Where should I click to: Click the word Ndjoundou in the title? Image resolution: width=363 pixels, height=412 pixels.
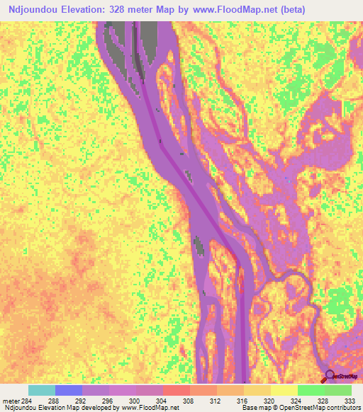[31, 9]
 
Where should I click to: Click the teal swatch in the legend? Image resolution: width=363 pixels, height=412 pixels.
[41, 390]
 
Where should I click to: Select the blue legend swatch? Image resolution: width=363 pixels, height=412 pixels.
[68, 390]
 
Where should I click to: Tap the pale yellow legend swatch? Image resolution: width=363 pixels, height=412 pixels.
[284, 390]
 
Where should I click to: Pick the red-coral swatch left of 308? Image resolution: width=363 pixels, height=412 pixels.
[176, 390]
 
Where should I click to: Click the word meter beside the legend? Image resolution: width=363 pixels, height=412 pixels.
[11, 400]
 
